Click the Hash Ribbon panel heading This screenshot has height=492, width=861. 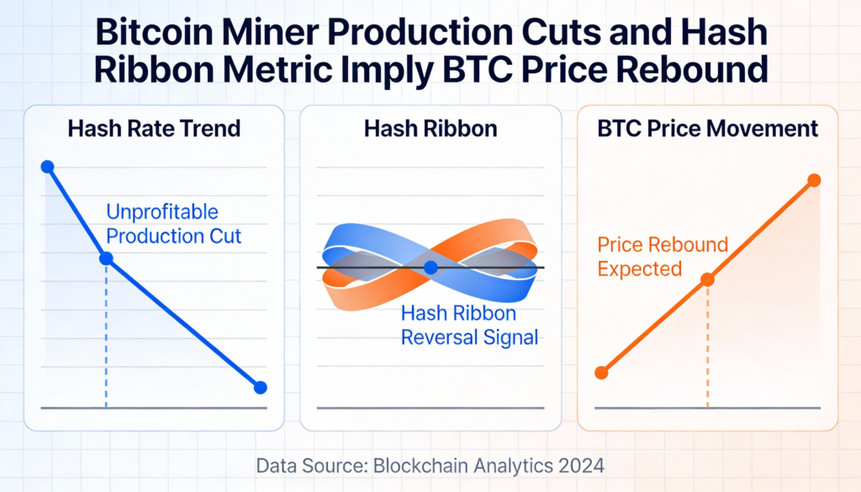coord(430,129)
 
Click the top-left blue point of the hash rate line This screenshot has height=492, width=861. coord(47,167)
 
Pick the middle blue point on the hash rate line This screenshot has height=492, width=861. coord(106,258)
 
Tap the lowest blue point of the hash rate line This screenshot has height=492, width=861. coord(260,387)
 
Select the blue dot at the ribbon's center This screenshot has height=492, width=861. coord(430,267)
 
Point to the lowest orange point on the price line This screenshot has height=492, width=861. coord(600,373)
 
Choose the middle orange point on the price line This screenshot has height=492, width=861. coord(707,279)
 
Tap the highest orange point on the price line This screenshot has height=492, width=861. coord(813,180)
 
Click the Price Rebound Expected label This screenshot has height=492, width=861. coord(663,257)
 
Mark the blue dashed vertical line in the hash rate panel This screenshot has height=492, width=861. coord(106,336)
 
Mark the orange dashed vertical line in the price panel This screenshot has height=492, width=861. coord(707,345)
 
